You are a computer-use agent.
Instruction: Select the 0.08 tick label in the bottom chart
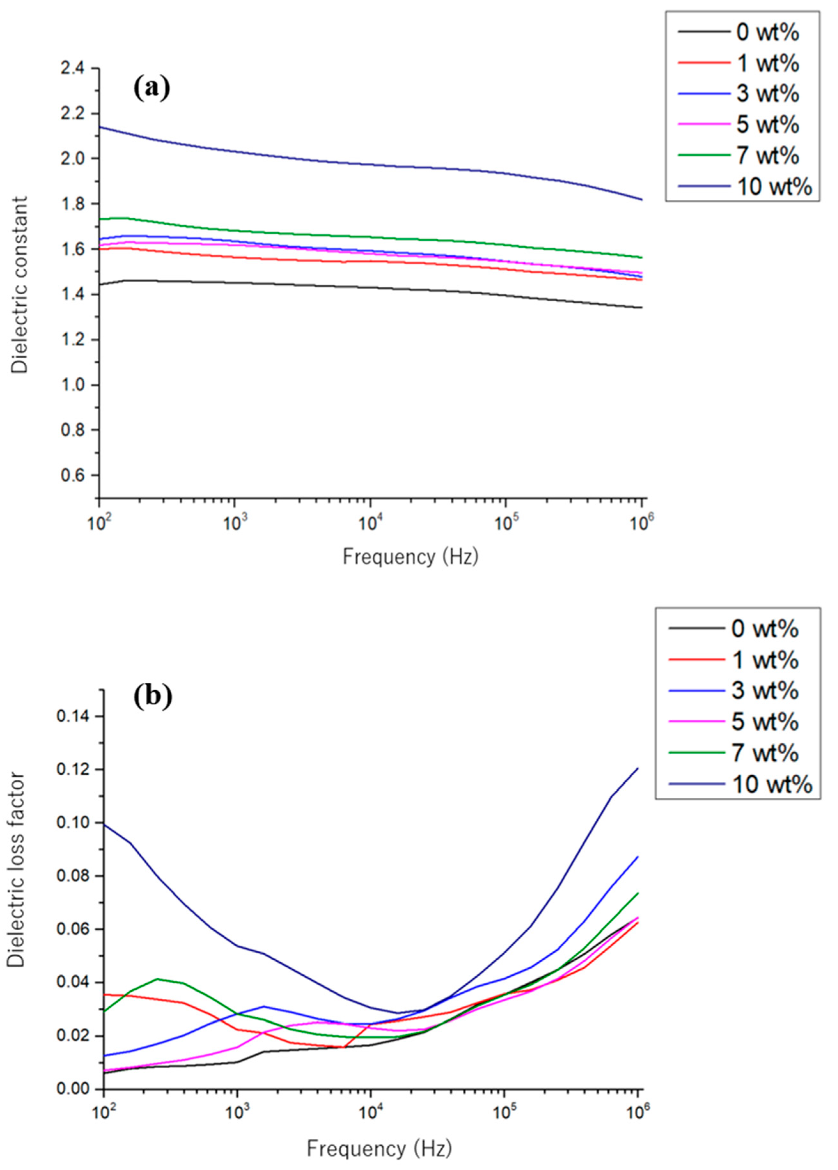[74, 876]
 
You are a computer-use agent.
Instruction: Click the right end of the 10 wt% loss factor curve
[638, 768]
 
